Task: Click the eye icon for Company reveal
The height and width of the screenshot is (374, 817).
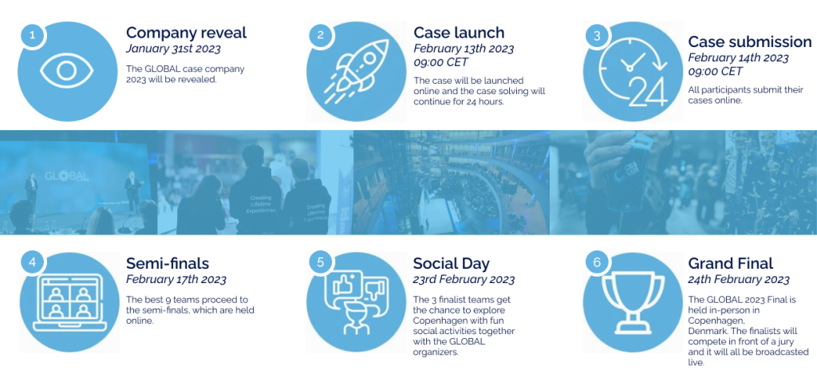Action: click(68, 71)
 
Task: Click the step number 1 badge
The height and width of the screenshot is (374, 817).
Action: click(32, 35)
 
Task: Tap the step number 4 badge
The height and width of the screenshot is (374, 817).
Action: click(32, 262)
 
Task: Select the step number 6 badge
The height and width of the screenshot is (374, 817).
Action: click(597, 262)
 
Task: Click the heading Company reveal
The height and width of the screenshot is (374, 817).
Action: click(186, 33)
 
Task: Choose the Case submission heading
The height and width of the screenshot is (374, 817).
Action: click(749, 41)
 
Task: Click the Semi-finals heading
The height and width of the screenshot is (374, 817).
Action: click(168, 263)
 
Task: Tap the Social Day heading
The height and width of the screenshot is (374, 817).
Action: click(451, 263)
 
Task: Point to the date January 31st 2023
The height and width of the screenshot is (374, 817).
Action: click(176, 49)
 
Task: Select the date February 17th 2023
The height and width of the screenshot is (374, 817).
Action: click(176, 280)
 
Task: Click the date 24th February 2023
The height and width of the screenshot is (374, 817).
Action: click(738, 280)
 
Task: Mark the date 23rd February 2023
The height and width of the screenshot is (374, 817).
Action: click(463, 280)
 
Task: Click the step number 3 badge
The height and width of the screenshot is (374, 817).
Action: click(597, 35)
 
